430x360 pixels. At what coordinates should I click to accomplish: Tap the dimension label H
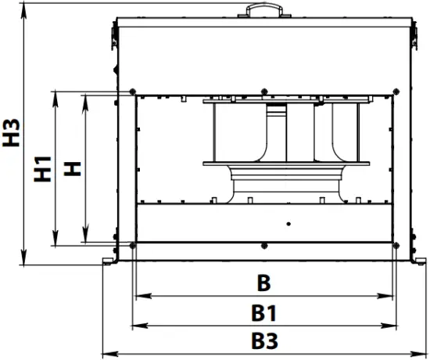click(x=73, y=167)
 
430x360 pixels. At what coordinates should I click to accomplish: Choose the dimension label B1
click(x=264, y=313)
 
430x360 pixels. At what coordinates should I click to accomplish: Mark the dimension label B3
click(x=264, y=342)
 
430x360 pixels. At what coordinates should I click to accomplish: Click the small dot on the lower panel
click(x=288, y=225)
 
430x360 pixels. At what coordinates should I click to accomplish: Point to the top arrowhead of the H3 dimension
click(x=26, y=7)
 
